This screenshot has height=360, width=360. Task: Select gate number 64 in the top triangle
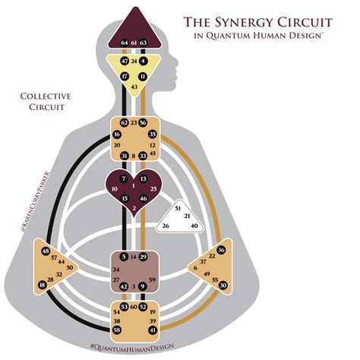pos(124,43)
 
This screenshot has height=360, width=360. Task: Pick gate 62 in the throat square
pos(124,122)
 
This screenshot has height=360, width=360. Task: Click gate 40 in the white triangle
pos(194,226)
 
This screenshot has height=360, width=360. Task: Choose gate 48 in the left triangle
pos(46,251)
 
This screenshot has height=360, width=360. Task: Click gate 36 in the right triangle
pos(221,250)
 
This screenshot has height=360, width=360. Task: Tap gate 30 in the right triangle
pos(223,285)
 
